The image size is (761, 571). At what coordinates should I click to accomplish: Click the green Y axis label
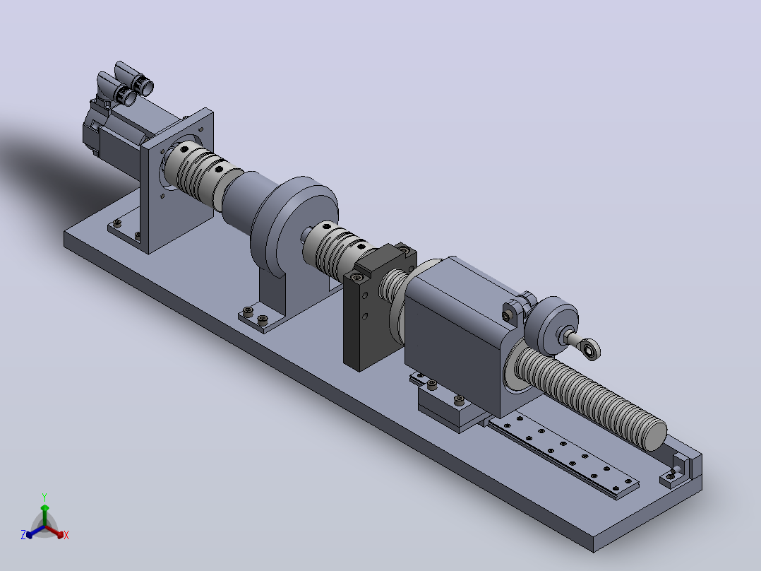pyautogui.click(x=44, y=497)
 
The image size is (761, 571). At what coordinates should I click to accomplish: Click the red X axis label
pyautogui.click(x=66, y=535)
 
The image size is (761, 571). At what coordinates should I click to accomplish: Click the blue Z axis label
pyautogui.click(x=23, y=534)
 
